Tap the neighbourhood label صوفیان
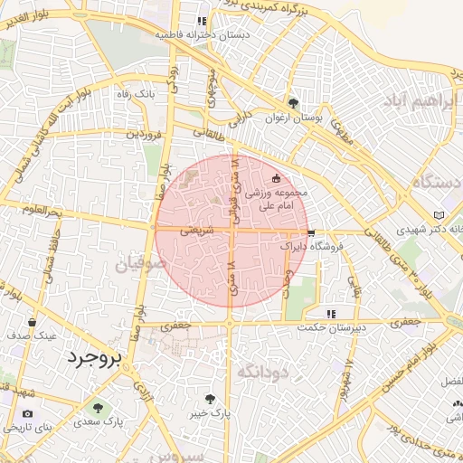click(141, 265)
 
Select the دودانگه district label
click(262, 371)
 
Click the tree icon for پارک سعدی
click(98, 407)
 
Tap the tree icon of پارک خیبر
click(211, 397)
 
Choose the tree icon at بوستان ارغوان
click(292, 102)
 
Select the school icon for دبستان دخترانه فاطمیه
click(202, 20)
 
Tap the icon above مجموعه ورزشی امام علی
click(277, 178)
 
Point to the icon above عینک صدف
click(33, 322)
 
